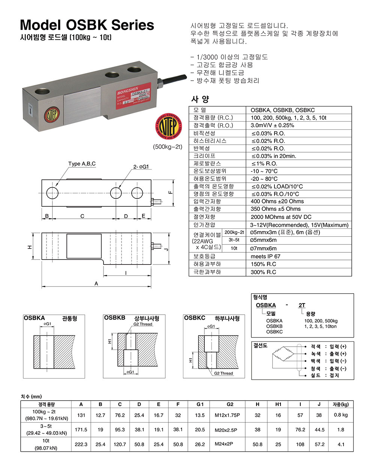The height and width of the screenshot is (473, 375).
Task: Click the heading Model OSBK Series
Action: [87, 25]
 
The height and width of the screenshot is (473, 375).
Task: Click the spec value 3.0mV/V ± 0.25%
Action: [272, 125]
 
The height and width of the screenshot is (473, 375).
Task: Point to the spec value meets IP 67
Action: [265, 257]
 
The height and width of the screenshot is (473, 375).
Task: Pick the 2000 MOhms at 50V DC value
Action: [281, 217]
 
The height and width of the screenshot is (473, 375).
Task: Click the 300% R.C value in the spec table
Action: [263, 272]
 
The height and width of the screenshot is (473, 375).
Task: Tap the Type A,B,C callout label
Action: [82, 164]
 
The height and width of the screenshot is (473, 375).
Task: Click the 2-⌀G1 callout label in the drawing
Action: [141, 167]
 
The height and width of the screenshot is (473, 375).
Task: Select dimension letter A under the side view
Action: [96, 284]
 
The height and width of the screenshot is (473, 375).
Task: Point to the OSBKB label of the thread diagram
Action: [114, 318]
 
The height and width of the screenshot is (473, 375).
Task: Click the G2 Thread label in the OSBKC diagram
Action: [224, 373]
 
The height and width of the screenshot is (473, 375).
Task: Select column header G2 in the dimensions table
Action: [230, 404]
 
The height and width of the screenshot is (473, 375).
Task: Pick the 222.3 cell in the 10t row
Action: [81, 444]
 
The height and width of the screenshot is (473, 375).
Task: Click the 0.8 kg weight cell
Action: [340, 415]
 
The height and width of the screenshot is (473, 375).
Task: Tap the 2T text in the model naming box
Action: [302, 305]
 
